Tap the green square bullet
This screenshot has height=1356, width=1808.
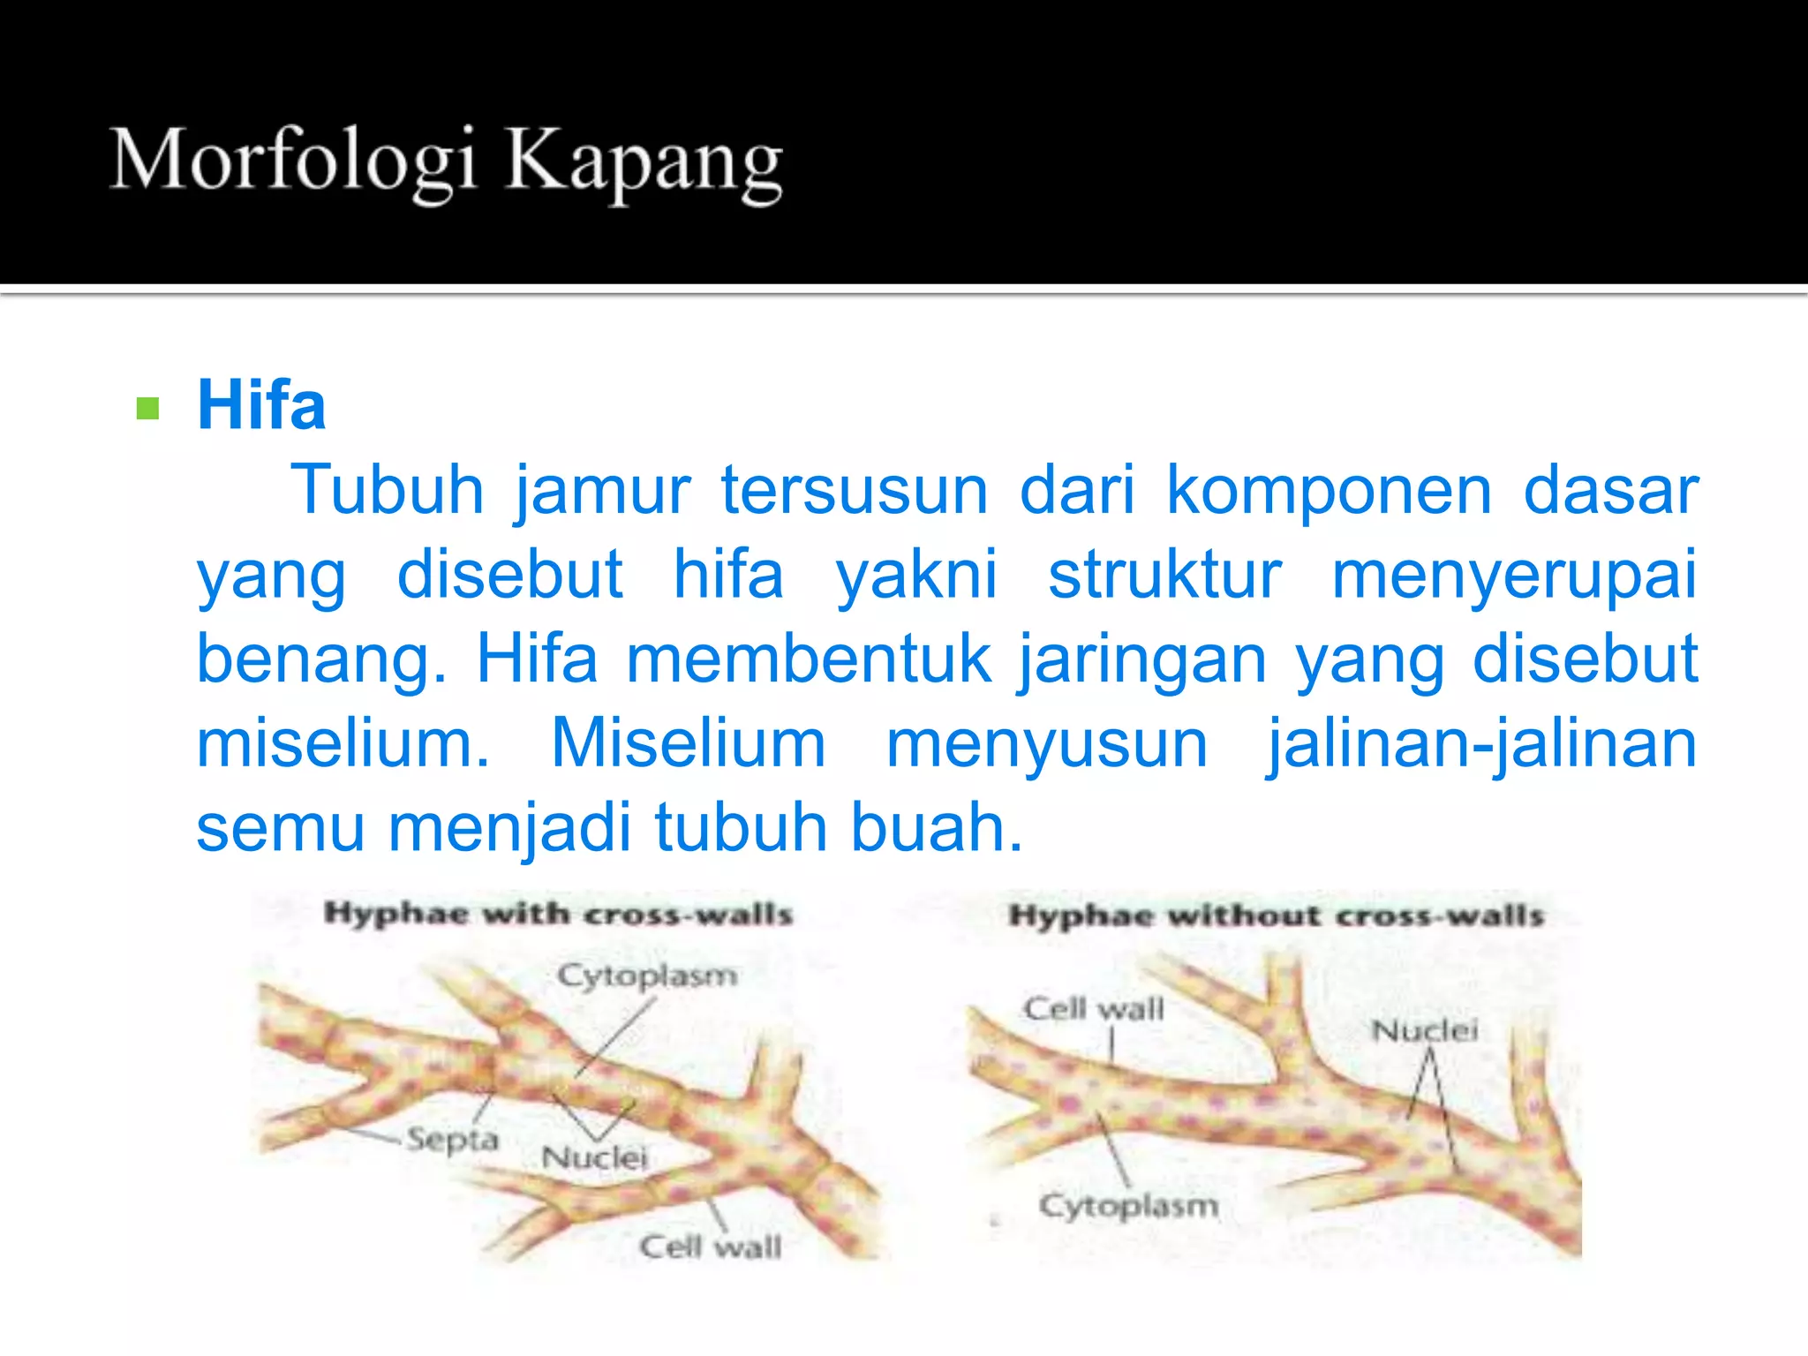[x=147, y=408]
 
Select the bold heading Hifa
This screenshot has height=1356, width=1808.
[x=261, y=405]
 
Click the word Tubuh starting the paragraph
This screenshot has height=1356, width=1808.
[x=387, y=490]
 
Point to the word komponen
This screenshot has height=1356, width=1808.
[x=1330, y=490]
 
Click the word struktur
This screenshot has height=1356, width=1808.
[x=1164, y=575]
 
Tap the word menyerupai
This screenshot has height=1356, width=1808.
[x=1514, y=575]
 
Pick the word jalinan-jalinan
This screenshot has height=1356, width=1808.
[x=1482, y=744]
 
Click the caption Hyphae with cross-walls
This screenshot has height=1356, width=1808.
[x=558, y=914]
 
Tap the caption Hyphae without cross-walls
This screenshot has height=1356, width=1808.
[x=1277, y=915]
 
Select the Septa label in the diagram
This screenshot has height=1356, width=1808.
[x=453, y=1140]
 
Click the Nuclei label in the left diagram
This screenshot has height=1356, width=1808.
[x=594, y=1157]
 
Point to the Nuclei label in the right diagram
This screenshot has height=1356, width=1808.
[x=1424, y=1030]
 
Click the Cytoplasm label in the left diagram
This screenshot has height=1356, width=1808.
[x=647, y=976]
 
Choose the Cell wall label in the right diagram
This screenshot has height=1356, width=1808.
[x=1094, y=1008]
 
